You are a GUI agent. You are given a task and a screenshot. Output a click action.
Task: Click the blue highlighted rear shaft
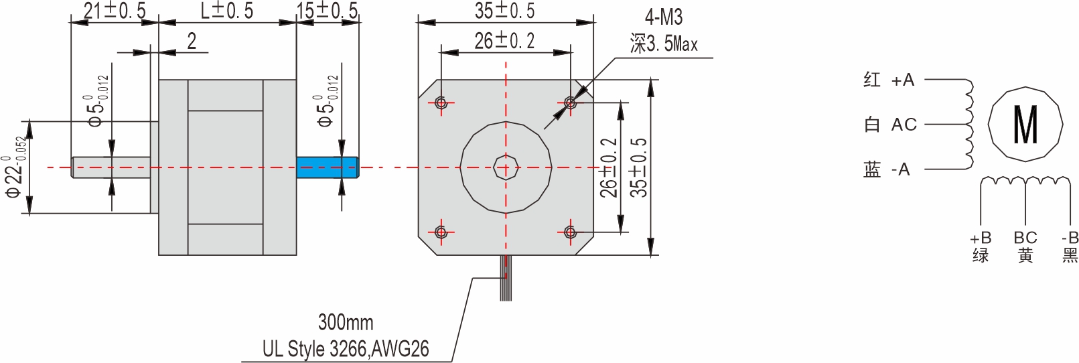pos(327,167)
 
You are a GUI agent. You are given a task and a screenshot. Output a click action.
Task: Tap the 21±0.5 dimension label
pos(114,11)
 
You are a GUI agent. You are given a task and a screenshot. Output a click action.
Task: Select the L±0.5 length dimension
pos(227,11)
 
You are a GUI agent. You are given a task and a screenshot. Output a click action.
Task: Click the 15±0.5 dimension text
pos(328,11)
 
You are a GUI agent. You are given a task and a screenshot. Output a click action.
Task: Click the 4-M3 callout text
pos(663,17)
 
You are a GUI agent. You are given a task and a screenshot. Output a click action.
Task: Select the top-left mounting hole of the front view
pos(441,102)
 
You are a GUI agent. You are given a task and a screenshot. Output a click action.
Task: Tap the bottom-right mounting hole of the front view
pos(570,232)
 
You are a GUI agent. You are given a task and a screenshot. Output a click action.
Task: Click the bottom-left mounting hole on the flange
pos(441,232)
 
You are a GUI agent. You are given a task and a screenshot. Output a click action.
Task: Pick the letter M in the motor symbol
pos(1025,125)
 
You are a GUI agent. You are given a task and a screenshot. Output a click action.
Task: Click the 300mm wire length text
pos(346,322)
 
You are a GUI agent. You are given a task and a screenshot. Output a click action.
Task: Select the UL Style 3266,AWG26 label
pos(346,349)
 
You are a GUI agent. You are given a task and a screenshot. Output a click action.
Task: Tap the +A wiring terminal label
pos(902,80)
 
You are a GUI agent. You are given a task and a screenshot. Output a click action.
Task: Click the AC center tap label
pos(904,125)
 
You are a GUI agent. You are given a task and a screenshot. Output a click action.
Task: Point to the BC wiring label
pos(1025,238)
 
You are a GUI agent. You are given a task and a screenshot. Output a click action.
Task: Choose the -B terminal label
pos(1070,238)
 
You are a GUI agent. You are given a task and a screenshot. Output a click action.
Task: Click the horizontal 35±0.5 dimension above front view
pos(505,11)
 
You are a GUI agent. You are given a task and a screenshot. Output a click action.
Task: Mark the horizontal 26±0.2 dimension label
pos(505,42)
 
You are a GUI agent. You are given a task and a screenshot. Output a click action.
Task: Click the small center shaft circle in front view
pos(506,167)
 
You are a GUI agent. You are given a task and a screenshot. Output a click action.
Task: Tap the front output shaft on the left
pos(111,167)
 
